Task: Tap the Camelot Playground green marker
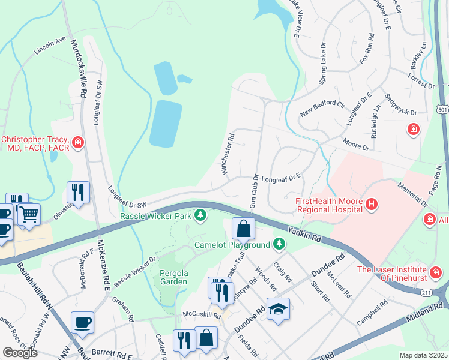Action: tap(278, 244)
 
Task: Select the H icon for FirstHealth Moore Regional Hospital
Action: tap(372, 205)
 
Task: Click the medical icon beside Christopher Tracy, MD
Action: tap(77, 143)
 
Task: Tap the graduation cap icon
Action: tap(277, 309)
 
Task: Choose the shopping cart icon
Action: tap(28, 214)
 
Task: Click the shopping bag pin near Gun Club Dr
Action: tap(244, 229)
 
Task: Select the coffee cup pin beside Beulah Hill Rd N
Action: tap(82, 323)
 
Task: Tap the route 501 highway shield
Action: tap(442, 110)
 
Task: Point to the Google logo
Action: tap(20, 353)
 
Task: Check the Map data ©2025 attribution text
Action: tap(423, 355)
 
